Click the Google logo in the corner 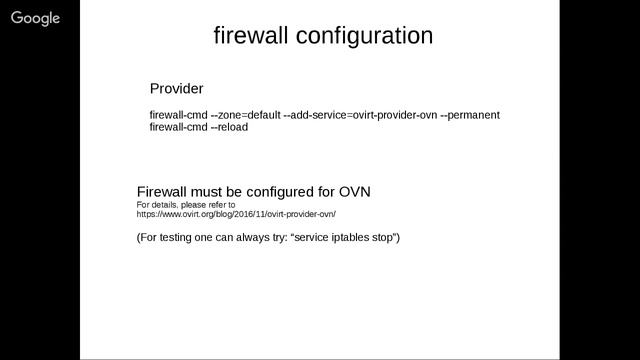tap(36, 18)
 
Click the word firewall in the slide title tap(251, 36)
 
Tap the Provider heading tap(176, 88)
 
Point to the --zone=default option tap(245, 115)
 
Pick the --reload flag tap(229, 127)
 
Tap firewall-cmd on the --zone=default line tap(178, 115)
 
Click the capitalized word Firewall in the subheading tap(162, 191)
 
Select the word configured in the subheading tap(281, 191)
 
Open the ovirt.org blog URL tap(236, 214)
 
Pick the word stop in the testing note tap(384, 237)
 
